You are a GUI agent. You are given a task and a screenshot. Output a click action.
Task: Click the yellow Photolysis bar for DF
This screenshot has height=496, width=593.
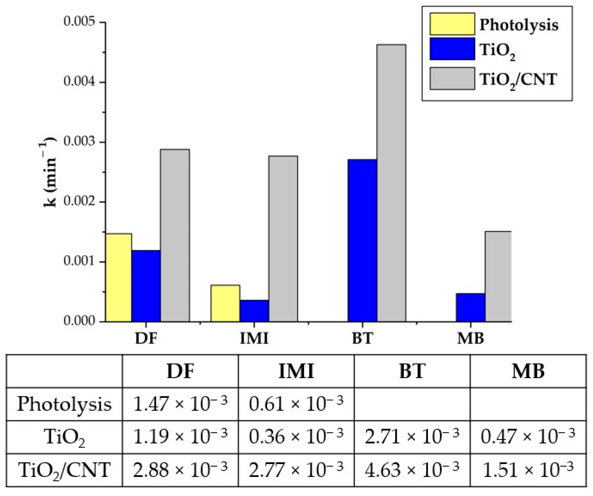[x=118, y=278]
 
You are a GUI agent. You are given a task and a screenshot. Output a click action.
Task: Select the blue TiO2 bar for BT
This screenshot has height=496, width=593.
[x=362, y=240]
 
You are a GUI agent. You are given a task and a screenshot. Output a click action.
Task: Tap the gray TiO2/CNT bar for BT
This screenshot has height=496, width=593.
[x=391, y=183]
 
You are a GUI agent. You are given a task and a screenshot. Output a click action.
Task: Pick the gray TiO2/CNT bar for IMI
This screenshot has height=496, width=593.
[x=283, y=239]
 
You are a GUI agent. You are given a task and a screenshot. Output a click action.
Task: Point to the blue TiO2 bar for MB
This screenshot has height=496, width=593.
[x=470, y=307]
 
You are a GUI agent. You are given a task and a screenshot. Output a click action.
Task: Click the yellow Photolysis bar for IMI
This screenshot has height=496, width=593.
[x=225, y=303]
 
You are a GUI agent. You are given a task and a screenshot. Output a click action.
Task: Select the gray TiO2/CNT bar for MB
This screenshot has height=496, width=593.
[x=498, y=277]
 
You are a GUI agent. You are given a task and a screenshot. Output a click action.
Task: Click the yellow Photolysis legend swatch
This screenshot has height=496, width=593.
[x=452, y=24]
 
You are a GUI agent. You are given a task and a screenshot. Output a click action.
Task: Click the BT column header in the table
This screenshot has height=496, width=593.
[x=412, y=371]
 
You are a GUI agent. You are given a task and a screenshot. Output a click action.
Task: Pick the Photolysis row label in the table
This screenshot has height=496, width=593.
[x=64, y=404]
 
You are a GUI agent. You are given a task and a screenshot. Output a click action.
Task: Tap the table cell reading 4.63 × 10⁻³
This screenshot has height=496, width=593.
[x=412, y=470]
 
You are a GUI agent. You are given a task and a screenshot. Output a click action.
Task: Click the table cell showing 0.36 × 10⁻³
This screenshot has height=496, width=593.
[x=296, y=437]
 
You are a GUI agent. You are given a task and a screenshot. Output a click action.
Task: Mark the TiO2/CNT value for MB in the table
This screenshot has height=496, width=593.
[x=528, y=470]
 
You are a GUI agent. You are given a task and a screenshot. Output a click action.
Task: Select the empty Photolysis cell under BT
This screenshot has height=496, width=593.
[x=412, y=404]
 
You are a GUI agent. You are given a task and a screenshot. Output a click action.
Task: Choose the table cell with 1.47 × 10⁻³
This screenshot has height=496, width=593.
[x=180, y=404]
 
